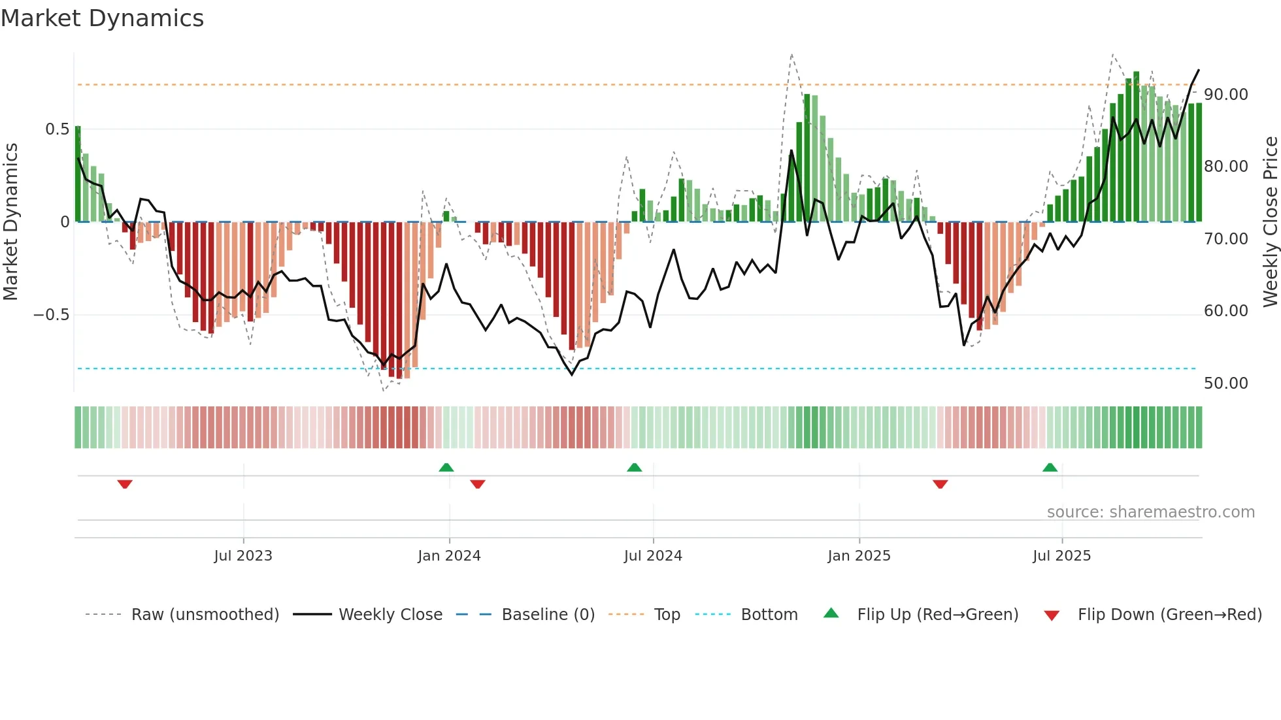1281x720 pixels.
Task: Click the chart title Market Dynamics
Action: [103, 18]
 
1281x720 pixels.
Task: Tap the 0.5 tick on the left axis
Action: [57, 129]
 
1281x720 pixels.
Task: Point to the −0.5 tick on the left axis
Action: [51, 315]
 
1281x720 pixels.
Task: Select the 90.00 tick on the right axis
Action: [1225, 95]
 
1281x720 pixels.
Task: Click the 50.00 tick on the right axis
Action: [1225, 384]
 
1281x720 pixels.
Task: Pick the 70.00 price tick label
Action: [1225, 239]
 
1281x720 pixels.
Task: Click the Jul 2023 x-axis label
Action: [243, 556]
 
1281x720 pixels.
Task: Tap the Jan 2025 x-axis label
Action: [859, 556]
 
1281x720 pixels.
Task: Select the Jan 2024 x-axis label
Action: [449, 556]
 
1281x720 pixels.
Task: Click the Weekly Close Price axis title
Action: [1270, 222]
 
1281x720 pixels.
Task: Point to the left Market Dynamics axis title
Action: [10, 222]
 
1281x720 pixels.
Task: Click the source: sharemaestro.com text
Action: [1150, 512]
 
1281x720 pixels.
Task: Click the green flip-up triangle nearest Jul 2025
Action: [1050, 467]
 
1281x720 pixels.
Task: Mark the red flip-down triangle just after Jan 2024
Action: [478, 484]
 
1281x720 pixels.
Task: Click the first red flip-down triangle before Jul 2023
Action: [125, 484]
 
